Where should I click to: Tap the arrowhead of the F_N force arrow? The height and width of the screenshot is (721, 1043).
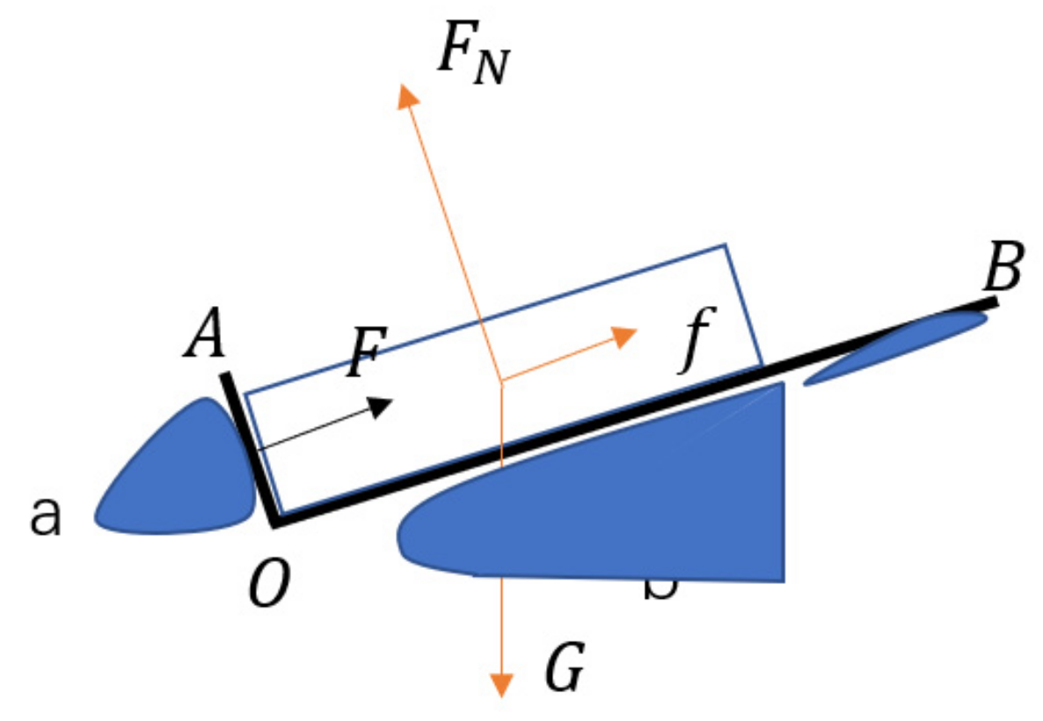click(x=407, y=96)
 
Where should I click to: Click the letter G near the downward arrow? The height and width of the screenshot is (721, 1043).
click(x=563, y=671)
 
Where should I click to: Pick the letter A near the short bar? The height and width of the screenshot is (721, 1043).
click(x=205, y=335)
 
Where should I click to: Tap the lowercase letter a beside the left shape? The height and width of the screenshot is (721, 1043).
click(x=46, y=517)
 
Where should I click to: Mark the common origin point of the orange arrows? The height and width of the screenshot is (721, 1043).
click(x=500, y=382)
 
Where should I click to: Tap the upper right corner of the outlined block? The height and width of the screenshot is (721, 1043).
click(x=726, y=245)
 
